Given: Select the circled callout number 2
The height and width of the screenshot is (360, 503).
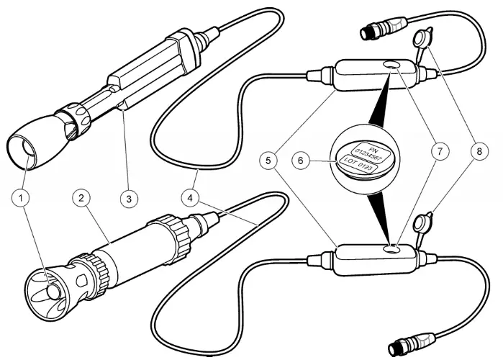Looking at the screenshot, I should (83, 196).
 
